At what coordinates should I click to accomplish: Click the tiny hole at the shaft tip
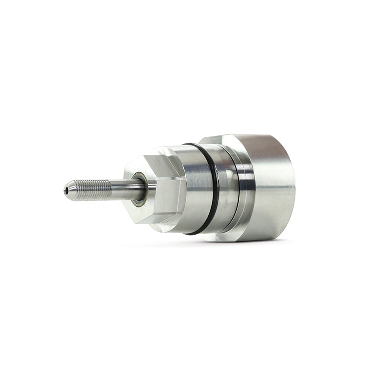click(66, 191)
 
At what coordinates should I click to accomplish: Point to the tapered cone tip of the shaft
click(70, 190)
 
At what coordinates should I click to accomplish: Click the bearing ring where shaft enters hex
click(138, 189)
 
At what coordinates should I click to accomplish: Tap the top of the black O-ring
click(194, 145)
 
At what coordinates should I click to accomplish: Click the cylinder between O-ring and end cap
click(225, 187)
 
